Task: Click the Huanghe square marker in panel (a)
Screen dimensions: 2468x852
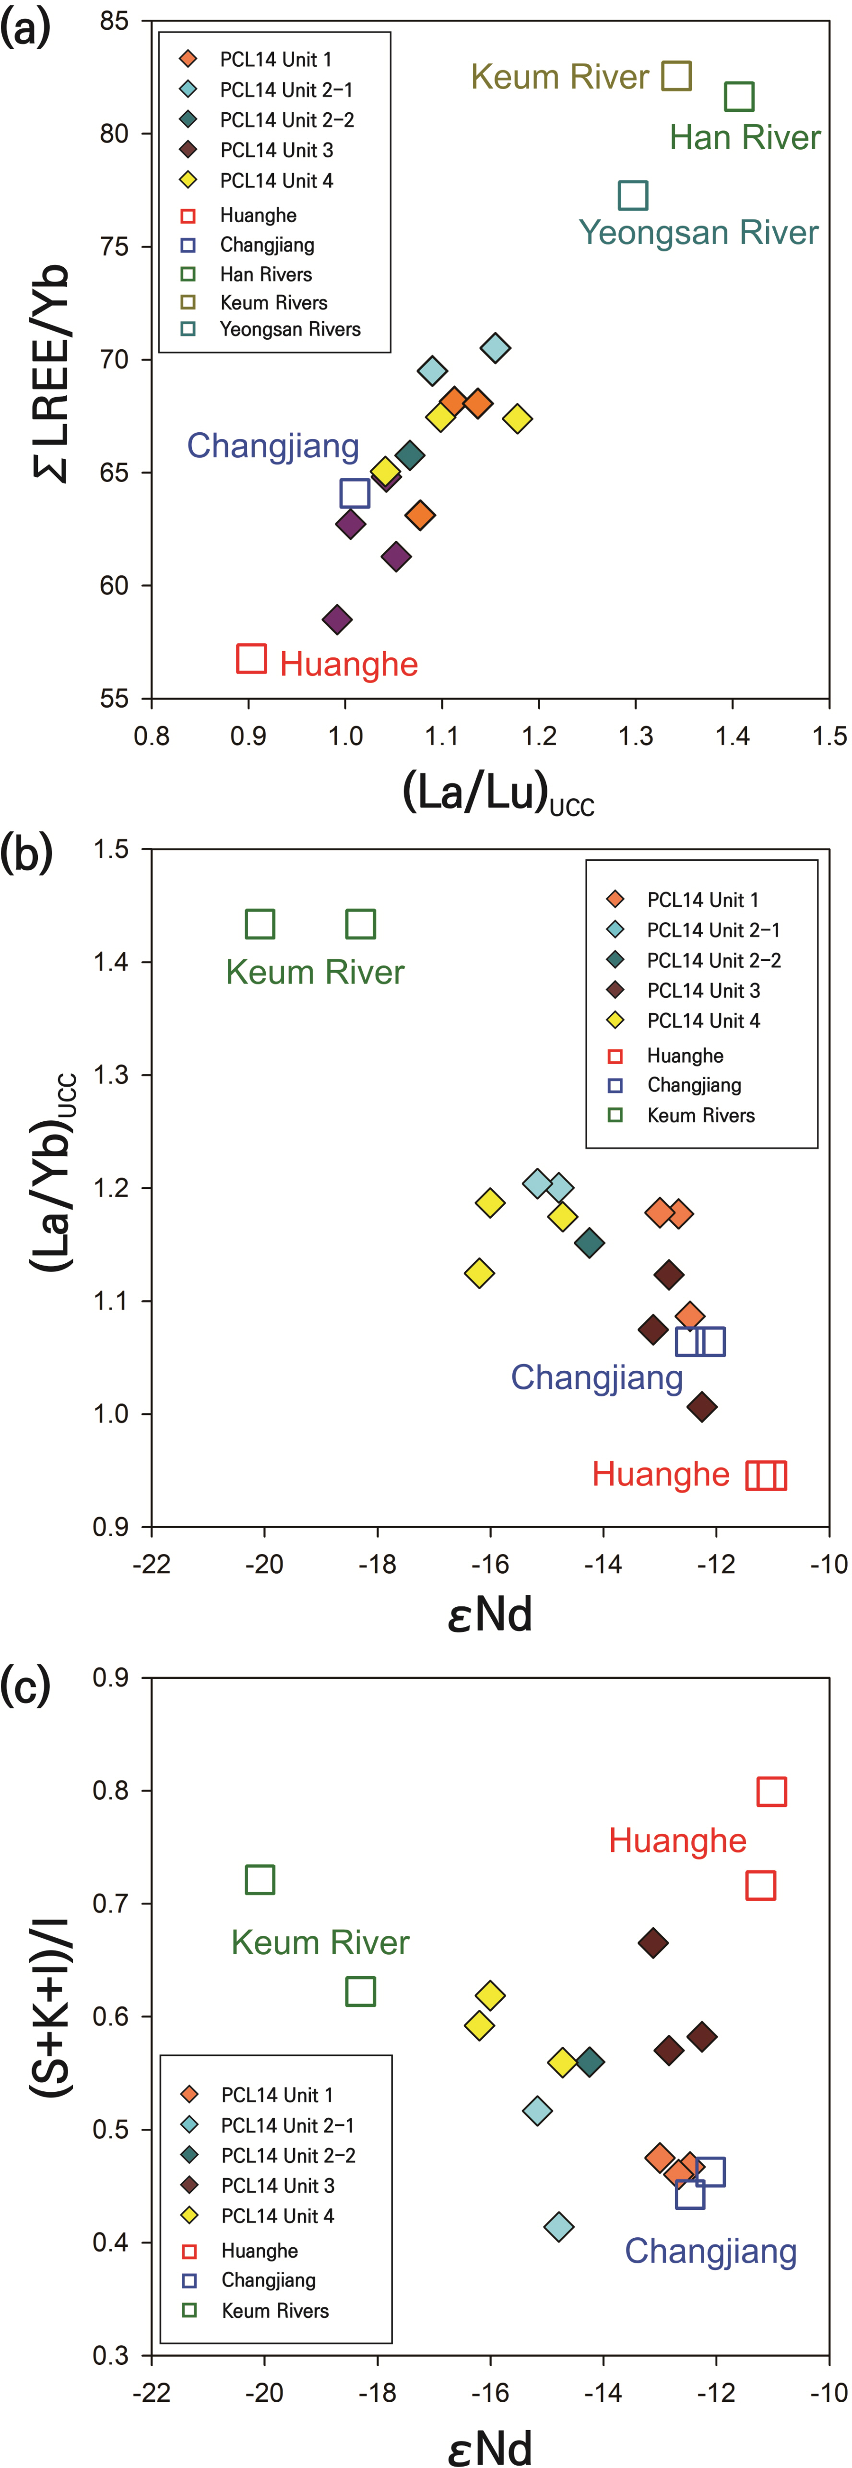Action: pyautogui.click(x=251, y=658)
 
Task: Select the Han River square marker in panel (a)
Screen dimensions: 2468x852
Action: pyautogui.click(x=739, y=96)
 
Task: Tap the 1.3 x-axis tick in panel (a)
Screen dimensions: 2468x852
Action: pyautogui.click(x=636, y=736)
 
